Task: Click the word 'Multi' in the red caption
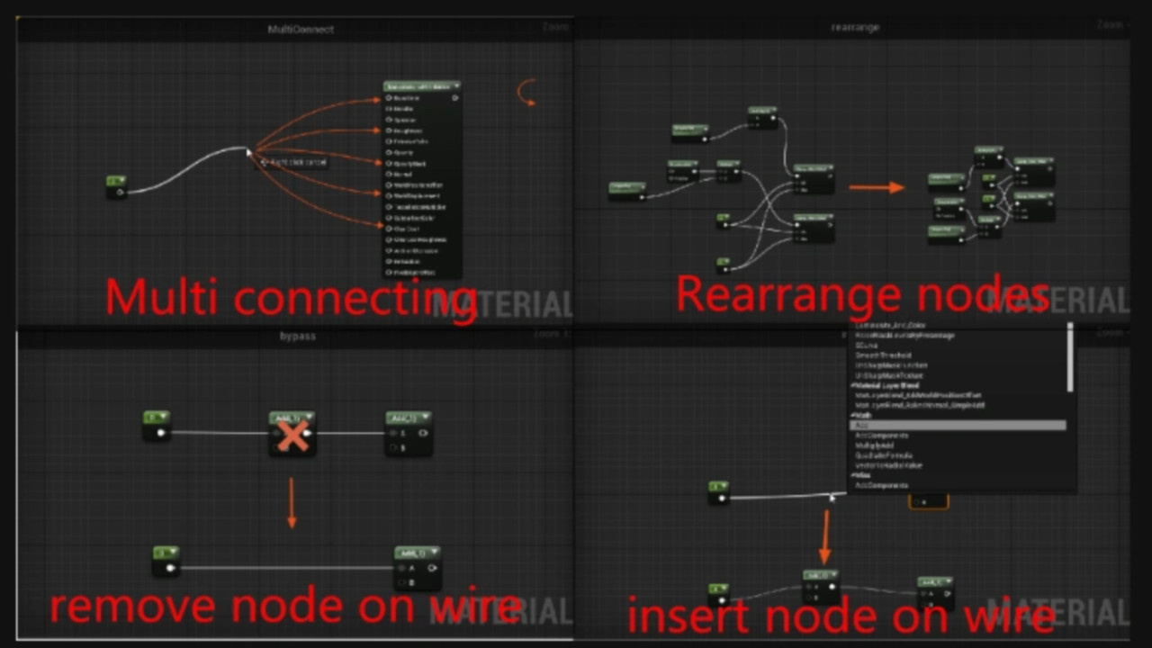[x=161, y=297]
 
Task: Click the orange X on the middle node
[x=292, y=437]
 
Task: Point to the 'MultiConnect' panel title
[x=301, y=30]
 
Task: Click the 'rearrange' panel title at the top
[x=854, y=28]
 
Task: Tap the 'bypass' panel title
[x=298, y=337]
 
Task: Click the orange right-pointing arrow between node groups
[x=877, y=187]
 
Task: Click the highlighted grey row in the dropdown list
[x=958, y=425]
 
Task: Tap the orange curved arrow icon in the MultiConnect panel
[x=526, y=92]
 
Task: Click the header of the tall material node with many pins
[x=421, y=86]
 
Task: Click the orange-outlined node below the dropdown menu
[x=928, y=501]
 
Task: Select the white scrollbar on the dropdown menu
[x=1070, y=357]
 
